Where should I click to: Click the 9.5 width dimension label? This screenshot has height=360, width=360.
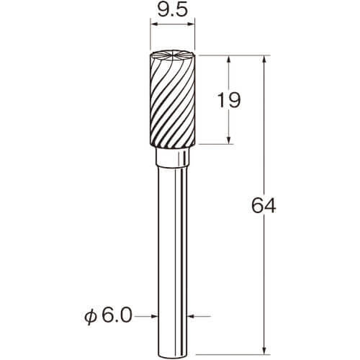[172, 11]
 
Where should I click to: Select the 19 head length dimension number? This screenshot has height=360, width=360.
[228, 100]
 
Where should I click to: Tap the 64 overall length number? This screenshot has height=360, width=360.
[264, 206]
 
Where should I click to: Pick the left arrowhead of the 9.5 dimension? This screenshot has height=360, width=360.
[153, 24]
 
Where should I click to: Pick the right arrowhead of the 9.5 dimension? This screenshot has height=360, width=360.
[191, 24]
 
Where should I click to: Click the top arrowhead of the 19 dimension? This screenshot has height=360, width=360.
[229, 59]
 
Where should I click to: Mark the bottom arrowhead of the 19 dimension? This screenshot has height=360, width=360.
[229, 140]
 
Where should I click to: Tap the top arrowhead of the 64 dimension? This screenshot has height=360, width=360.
[264, 59]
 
